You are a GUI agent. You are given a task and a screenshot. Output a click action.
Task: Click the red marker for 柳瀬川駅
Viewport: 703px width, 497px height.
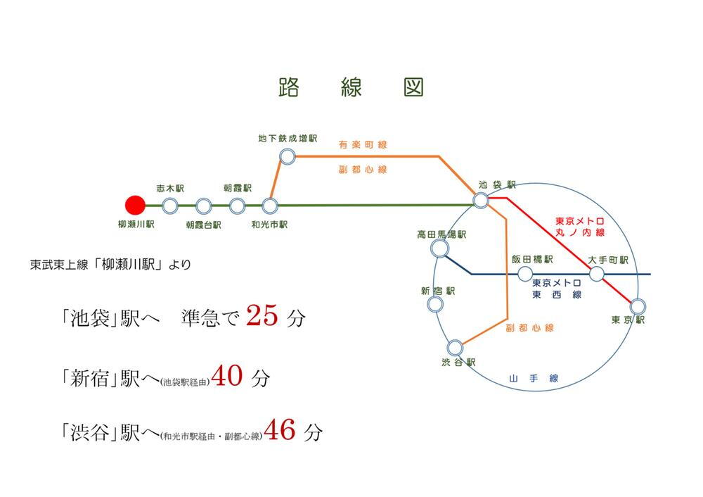(134, 206)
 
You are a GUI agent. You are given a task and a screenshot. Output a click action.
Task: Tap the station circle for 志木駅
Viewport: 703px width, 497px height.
(169, 206)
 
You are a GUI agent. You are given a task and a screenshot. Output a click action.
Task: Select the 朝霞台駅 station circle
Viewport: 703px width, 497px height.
(204, 206)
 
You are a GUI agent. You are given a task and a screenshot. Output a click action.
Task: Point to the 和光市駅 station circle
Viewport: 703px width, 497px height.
(270, 206)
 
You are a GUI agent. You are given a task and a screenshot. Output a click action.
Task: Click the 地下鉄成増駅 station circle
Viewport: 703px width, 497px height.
(287, 156)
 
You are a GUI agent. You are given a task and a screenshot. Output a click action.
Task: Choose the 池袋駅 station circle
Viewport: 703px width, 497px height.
(481, 201)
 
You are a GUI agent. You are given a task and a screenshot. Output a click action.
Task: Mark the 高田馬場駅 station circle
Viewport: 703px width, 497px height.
(440, 248)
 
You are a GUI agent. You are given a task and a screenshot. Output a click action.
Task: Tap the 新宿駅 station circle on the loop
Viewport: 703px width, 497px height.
(435, 304)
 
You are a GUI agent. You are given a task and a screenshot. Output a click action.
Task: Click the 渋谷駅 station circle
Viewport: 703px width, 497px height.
(455, 347)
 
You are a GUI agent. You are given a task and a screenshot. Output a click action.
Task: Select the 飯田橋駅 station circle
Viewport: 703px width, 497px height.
(525, 274)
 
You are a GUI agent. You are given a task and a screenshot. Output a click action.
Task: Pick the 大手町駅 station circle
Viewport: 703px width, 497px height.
(596, 274)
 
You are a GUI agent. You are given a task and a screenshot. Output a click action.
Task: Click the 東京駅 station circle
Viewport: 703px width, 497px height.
(638, 306)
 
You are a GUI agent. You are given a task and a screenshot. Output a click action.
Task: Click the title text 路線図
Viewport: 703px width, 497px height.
(351, 87)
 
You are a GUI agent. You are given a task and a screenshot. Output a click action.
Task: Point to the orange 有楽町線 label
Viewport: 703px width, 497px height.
(363, 144)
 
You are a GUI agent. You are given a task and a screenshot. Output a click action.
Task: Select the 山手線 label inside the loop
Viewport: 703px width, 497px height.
(534, 379)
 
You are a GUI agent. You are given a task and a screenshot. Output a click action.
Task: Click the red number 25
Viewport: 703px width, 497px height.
(263, 316)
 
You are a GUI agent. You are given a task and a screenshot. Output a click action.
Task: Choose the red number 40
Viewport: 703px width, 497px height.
(227, 376)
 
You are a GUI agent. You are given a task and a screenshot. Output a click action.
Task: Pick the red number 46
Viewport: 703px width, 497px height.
(280, 430)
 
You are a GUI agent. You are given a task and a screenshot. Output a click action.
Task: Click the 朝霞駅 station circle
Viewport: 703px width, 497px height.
(237, 206)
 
